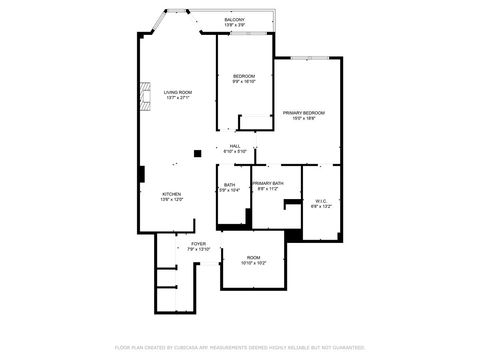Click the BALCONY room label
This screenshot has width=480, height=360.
coord(234,19)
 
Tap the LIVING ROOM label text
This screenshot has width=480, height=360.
coord(177,92)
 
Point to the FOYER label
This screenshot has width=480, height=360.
coord(184,243)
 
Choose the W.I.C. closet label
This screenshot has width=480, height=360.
coord(321,200)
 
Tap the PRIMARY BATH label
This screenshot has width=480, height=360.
coord(268,183)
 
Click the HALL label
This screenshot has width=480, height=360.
coord(235,146)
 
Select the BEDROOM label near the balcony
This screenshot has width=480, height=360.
coord(244,77)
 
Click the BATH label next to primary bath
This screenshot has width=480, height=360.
coord(229,184)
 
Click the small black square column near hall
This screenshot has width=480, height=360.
coord(198,153)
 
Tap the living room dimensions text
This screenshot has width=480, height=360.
coord(177,98)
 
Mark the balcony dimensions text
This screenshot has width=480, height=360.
coord(234,25)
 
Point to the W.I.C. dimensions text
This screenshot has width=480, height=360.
coord(321,206)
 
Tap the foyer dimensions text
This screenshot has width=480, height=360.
coord(184,249)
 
